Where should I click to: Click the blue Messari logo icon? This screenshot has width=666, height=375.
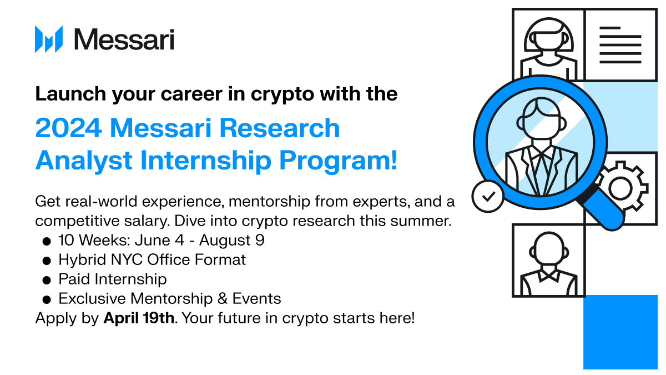[49, 39]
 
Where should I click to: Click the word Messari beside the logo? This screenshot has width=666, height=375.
[124, 39]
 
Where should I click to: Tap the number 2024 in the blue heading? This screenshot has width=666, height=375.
[69, 128]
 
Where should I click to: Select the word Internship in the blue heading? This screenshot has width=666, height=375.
[205, 161]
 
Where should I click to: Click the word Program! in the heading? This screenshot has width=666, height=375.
[339, 161]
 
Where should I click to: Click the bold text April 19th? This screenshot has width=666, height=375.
[139, 318]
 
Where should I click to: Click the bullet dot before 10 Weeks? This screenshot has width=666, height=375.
[47, 241]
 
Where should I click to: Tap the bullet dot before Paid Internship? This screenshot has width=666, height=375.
[47, 280]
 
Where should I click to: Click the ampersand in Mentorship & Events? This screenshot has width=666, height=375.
[223, 298]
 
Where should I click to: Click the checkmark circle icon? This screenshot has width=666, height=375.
[488, 196]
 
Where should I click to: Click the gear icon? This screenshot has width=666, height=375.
[621, 188]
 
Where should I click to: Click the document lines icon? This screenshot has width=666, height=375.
[620, 45]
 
